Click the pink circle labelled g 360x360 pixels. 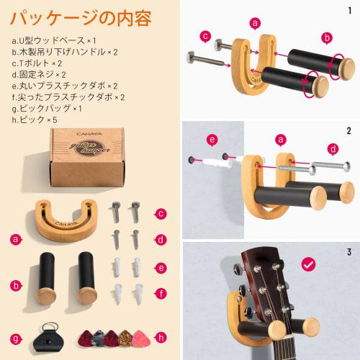coord(16,338)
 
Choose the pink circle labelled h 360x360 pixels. coord(161,336)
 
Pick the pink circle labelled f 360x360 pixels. coord(161,293)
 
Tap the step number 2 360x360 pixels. coord(349,131)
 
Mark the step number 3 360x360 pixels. coord(349,252)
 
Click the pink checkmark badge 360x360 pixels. coord(308,265)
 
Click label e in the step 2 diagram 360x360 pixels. coord(212,139)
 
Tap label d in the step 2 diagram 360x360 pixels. coord(332,149)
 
